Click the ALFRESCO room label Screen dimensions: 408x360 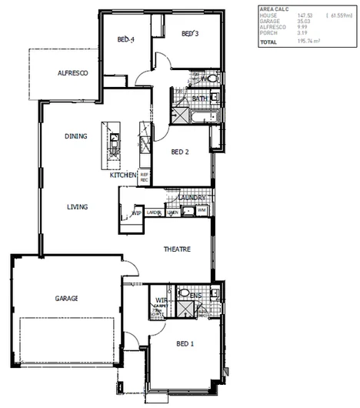tap(75, 72)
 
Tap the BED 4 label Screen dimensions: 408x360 tap(126, 39)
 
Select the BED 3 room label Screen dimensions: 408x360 tap(191, 34)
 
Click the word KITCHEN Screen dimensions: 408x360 tap(122, 176)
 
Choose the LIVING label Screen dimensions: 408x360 tap(77, 207)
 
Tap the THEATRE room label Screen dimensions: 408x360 tap(177, 250)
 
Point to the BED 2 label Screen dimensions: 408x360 tap(180, 152)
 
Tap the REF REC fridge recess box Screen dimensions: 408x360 tap(144, 177)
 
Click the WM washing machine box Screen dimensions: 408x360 tap(201, 210)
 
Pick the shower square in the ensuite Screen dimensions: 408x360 tap(185, 309)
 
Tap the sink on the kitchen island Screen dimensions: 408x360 tap(114, 140)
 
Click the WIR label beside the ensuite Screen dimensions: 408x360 tap(162, 299)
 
